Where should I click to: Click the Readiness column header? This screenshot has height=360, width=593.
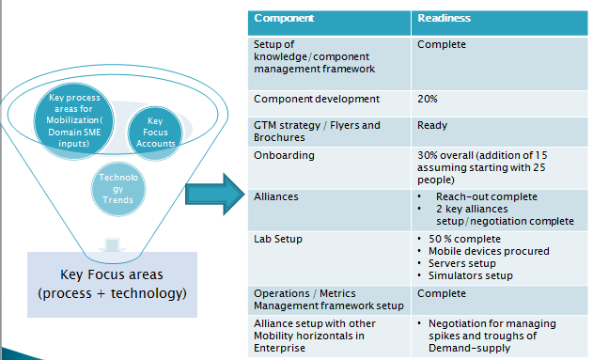445,18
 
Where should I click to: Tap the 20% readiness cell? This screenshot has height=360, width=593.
427,99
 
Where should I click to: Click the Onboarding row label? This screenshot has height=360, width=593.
284,155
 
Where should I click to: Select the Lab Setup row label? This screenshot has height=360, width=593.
280,240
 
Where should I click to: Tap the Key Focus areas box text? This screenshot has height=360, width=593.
112,284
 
